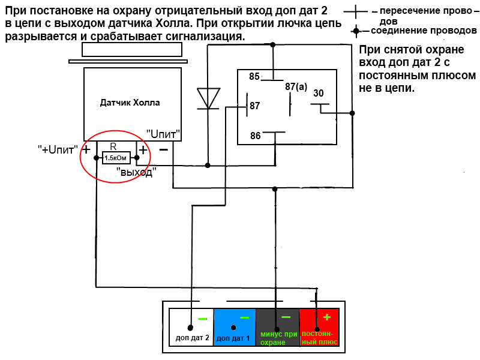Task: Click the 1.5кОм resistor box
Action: coord(116,158)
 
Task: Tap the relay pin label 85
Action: coord(254,76)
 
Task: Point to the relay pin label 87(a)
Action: coord(296,86)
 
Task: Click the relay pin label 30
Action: coord(319,93)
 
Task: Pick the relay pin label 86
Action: coord(256,136)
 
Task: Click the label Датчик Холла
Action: coord(130,103)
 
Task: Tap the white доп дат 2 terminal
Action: coord(191,327)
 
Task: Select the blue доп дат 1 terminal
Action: coord(235,327)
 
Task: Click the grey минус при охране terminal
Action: coord(278,327)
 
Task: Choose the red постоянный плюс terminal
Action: coord(319,327)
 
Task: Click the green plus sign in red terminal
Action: coord(326,317)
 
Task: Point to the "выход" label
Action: coord(136,172)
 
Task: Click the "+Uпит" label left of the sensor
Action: coord(58,149)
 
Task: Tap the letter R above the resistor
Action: coord(113,146)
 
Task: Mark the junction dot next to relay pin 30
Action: coord(352,113)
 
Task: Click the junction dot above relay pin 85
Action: coord(273,44)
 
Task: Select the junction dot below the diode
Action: coord(208,166)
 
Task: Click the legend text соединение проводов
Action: coord(424,31)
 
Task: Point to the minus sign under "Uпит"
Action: coord(164,149)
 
